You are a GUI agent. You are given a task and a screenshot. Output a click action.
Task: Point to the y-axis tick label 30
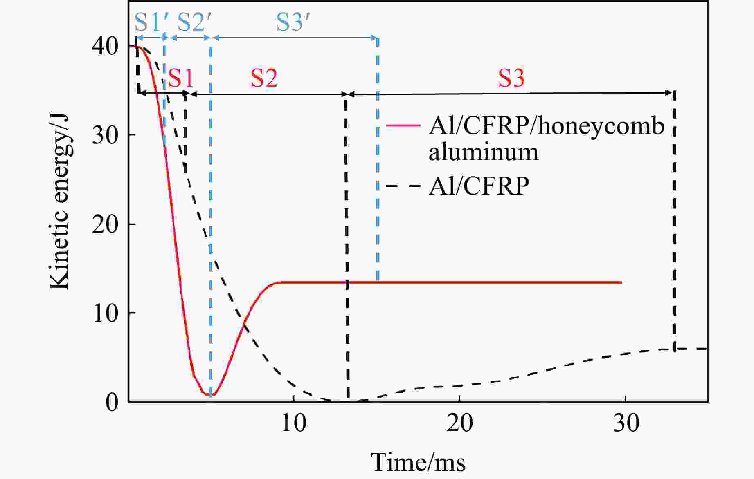click(x=105, y=135)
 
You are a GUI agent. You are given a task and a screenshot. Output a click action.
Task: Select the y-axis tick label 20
click(x=105, y=224)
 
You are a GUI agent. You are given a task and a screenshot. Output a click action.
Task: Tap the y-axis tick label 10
click(x=105, y=313)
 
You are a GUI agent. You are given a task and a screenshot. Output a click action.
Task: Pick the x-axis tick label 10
click(x=293, y=423)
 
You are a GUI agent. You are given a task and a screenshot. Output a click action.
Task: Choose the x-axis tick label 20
click(x=459, y=423)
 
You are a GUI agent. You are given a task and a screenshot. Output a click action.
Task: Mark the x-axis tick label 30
click(x=626, y=423)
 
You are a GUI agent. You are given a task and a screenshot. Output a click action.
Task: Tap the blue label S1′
click(x=149, y=22)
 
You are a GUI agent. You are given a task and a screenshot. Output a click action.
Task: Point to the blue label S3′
click(x=292, y=22)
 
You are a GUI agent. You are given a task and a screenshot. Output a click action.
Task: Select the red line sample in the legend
click(x=403, y=125)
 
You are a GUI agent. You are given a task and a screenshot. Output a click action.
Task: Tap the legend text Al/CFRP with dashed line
click(x=479, y=186)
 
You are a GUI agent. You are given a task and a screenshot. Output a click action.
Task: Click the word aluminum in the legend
click(x=484, y=152)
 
